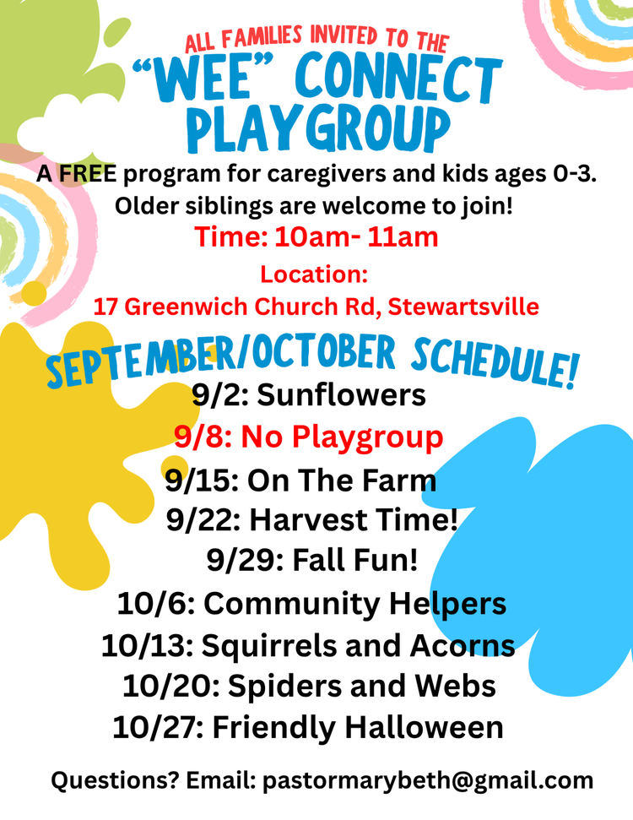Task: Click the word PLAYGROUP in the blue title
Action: click(x=318, y=128)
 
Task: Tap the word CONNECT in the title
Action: click(x=398, y=79)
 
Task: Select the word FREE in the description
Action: click(x=87, y=174)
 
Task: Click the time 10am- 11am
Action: click(x=356, y=237)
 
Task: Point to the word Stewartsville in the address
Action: click(x=463, y=307)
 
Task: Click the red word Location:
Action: click(x=314, y=274)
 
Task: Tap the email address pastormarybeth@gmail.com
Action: click(x=428, y=780)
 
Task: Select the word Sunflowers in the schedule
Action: click(x=341, y=394)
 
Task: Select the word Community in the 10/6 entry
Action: click(x=292, y=604)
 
